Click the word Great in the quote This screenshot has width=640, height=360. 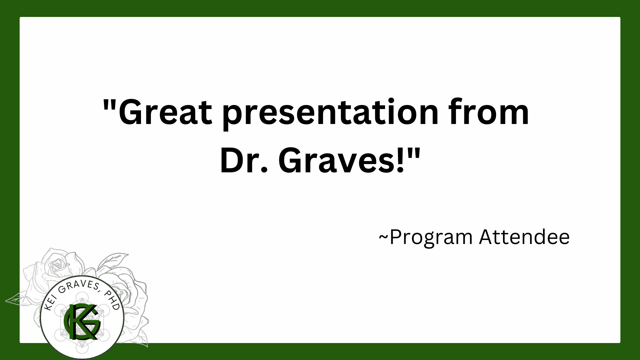click(x=165, y=112)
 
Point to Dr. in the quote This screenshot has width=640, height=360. click(x=244, y=161)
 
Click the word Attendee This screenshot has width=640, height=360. click(x=524, y=237)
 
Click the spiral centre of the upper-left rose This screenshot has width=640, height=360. click(x=57, y=264)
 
